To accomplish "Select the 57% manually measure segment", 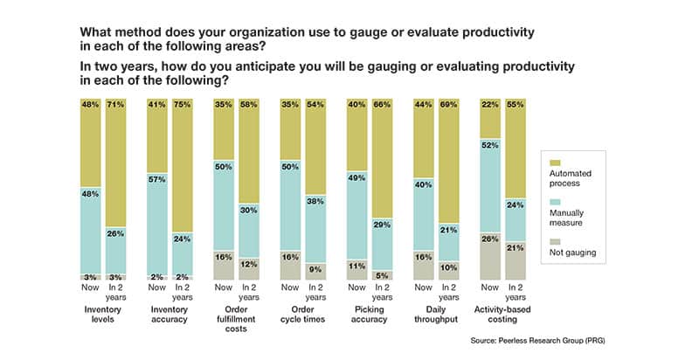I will point(159,204).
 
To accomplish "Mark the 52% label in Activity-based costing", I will point(489,145).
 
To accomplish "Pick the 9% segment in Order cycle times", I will point(315,269).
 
